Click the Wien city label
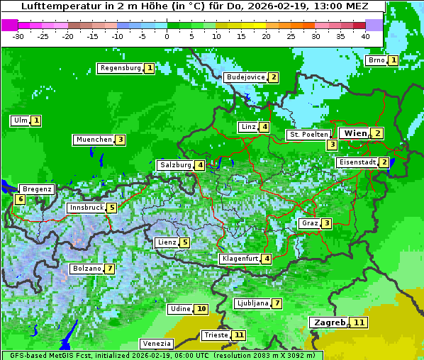pyautogui.click(x=355, y=133)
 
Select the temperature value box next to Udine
pyautogui.click(x=202, y=309)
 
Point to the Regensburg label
pyautogui.click(x=120, y=68)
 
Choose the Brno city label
pyautogui.click(x=376, y=60)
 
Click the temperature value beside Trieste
pyautogui.click(x=239, y=334)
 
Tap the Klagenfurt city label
pyautogui.click(x=239, y=259)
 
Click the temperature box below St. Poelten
pyautogui.click(x=332, y=145)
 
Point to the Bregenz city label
pyautogui.click(x=37, y=189)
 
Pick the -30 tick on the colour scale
pyautogui.click(x=18, y=35)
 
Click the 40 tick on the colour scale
pyautogui.click(x=365, y=35)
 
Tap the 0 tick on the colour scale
pyautogui.click(x=167, y=35)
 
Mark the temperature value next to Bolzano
pyautogui.click(x=109, y=269)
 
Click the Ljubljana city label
pyautogui.click(x=252, y=303)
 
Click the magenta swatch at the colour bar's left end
pyautogui.click(x=10, y=24)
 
